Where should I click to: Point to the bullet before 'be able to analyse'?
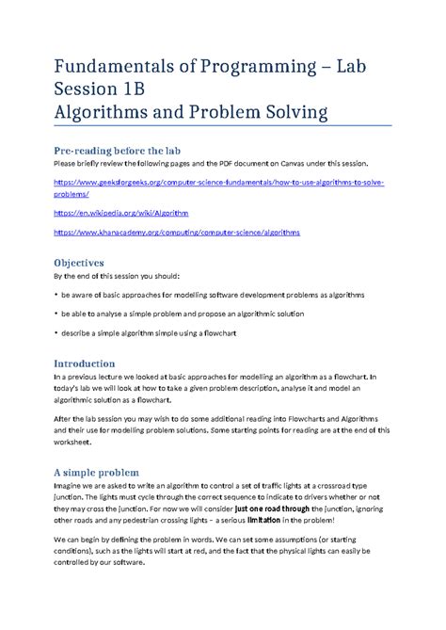pos(56,313)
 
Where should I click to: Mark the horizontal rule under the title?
pos(222,125)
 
